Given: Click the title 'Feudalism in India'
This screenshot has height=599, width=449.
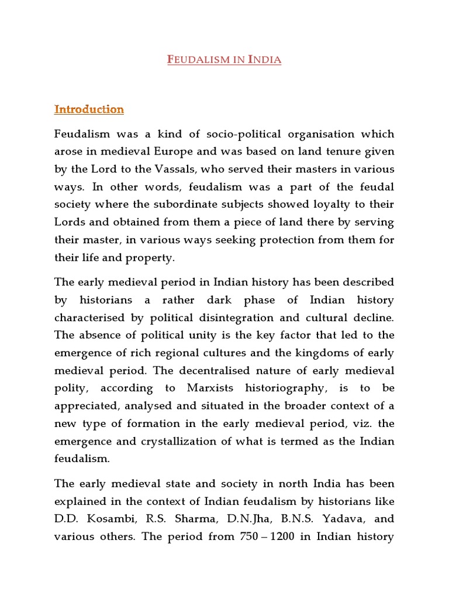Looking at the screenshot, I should (x=224, y=59).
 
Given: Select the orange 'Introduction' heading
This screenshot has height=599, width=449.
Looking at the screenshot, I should (x=89, y=109).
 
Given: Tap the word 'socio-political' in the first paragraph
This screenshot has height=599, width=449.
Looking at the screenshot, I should (x=225, y=135).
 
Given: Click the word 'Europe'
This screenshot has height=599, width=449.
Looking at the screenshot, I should (x=182, y=152).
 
